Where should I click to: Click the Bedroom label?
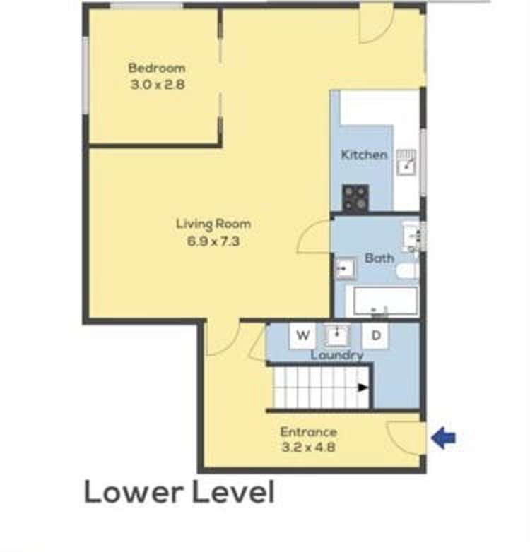click(156, 68)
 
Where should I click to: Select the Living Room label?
click(213, 224)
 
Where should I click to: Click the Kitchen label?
click(364, 155)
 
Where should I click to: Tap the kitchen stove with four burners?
click(355, 198)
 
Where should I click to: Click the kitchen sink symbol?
click(407, 163)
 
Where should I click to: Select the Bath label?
click(379, 258)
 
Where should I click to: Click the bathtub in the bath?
click(385, 301)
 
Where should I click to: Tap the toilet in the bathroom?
click(408, 271)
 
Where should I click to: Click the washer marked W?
click(302, 335)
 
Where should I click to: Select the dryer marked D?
click(376, 335)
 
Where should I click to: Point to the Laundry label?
click(336, 355)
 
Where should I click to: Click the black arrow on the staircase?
click(363, 387)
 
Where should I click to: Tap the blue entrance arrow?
click(443, 439)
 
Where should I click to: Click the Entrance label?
click(308, 432)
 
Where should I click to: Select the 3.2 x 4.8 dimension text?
click(308, 446)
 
